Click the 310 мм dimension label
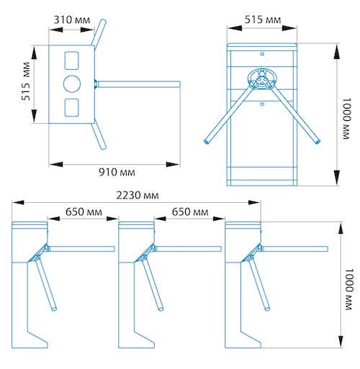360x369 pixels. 72,20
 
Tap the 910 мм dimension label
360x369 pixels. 117,172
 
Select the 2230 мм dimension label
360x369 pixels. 138,196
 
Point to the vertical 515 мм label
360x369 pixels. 26,81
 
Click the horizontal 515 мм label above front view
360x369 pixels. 263,19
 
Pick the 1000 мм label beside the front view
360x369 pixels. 346,119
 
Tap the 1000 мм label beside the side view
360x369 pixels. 348,289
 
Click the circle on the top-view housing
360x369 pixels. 72,83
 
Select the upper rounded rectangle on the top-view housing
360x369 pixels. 72,60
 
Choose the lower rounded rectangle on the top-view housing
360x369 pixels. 72,107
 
